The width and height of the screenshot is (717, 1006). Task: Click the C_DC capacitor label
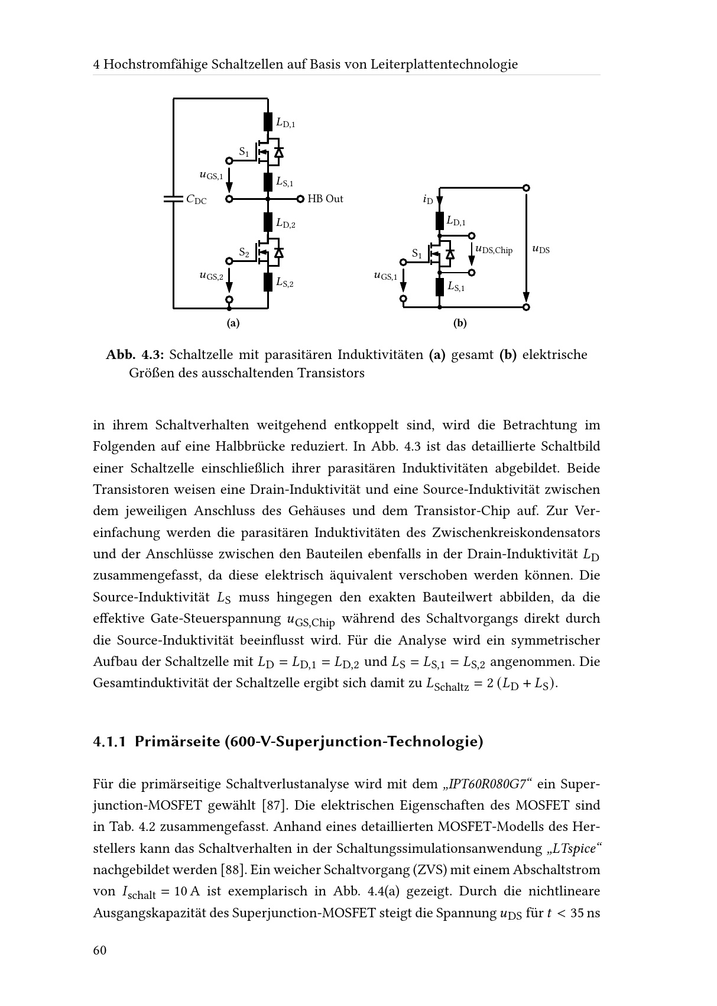[x=196, y=200]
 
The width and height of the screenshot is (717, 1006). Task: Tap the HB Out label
[x=325, y=199]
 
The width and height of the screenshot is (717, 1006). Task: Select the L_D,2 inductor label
[x=285, y=224]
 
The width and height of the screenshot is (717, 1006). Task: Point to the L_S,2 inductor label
[x=284, y=283]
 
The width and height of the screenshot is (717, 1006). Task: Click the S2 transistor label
[x=244, y=253]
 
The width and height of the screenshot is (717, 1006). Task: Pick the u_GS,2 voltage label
[x=211, y=276]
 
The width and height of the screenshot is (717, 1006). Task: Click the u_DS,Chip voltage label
[x=494, y=250]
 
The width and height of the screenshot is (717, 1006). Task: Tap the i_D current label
[x=428, y=200]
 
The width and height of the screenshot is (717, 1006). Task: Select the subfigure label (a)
[x=233, y=324]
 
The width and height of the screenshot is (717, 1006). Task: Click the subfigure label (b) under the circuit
[x=460, y=324]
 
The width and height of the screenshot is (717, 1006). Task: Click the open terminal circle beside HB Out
[x=300, y=199]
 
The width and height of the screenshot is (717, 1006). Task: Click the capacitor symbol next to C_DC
[x=173, y=199]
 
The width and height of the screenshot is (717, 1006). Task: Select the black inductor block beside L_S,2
[x=268, y=282]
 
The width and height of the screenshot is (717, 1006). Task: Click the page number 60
[x=99, y=950]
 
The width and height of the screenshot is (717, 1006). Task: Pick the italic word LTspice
[x=573, y=849]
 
